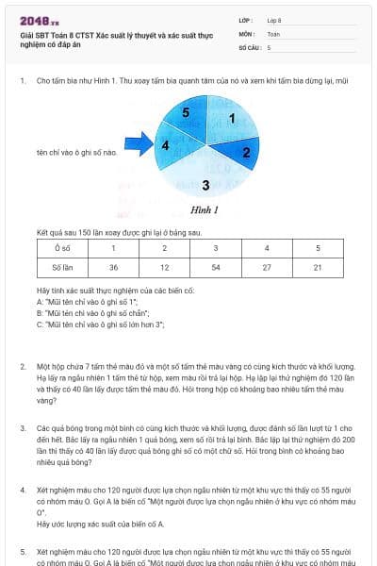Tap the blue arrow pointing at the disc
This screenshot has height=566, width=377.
click(138, 145)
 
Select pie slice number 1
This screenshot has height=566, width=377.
click(230, 121)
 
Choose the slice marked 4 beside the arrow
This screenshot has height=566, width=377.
click(167, 146)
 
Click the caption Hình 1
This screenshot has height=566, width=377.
click(205, 209)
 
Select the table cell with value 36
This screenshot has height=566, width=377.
click(113, 268)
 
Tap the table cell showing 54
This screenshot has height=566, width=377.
click(215, 268)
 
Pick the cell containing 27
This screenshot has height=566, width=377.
click(266, 268)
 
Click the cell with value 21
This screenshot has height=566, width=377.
click(317, 268)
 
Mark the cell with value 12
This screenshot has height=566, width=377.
click(164, 268)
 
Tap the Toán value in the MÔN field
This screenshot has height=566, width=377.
click(273, 32)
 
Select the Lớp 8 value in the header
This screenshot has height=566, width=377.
click(274, 19)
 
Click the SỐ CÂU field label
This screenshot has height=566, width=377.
click(248, 46)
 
